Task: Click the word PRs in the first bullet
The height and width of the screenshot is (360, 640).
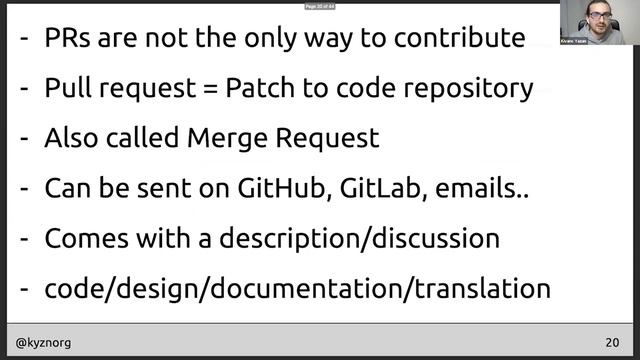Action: [x=67, y=39]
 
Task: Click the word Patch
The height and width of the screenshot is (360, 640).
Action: [x=257, y=88]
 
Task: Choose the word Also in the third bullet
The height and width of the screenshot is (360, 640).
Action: [x=70, y=138]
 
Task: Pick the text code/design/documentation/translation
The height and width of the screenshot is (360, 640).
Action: [x=297, y=289]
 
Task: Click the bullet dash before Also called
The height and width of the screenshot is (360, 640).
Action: [x=24, y=138]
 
